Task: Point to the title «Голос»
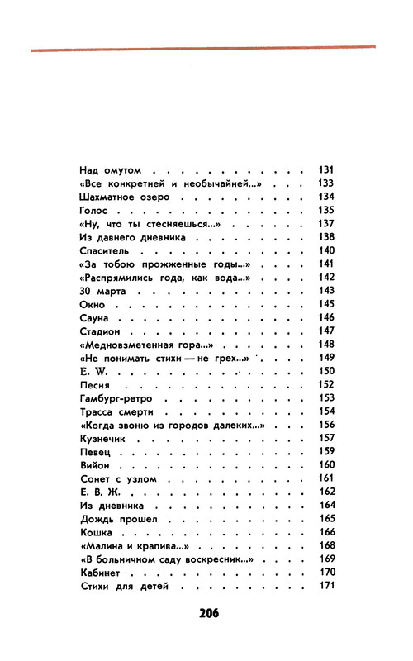coord(93,210)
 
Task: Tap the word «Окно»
coord(92,305)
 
